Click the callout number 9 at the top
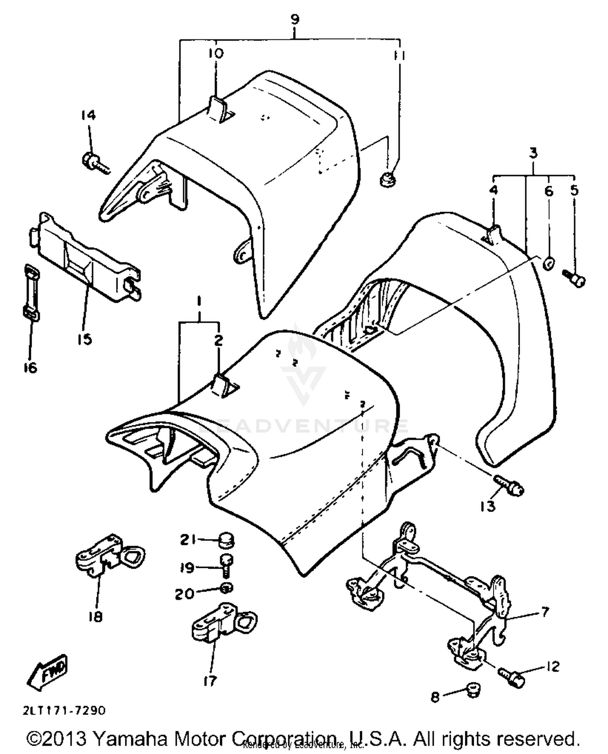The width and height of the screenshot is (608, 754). tap(295, 19)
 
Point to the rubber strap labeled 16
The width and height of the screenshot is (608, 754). tap(31, 292)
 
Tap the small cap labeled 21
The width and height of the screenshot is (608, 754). tap(227, 540)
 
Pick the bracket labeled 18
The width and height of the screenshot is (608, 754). tap(109, 556)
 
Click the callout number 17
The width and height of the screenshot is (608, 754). tap(210, 681)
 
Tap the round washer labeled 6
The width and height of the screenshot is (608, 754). tap(548, 264)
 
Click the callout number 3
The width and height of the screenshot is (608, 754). tap(533, 153)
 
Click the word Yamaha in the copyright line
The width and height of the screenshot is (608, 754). tap(130, 739)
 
